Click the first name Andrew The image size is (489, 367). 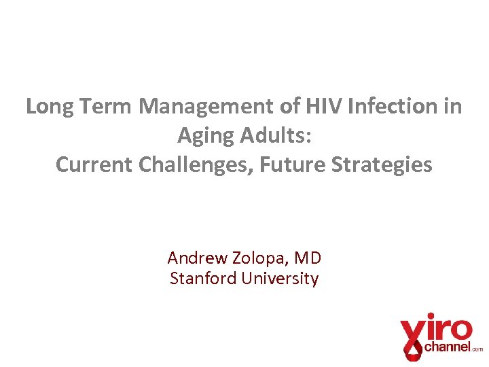pos(197,258)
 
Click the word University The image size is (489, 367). pos(280,279)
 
